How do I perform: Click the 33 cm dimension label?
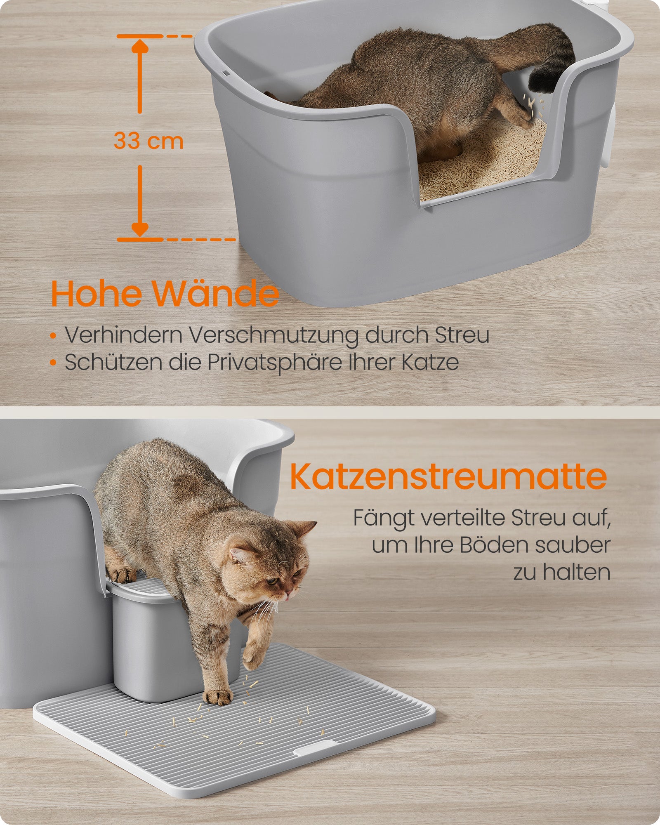coord(148,141)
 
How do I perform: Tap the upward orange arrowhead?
coord(140,46)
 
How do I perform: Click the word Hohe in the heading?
coord(97,294)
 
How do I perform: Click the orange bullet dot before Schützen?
coord(53,363)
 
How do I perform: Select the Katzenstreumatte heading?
coord(448,476)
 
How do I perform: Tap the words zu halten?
coord(561,572)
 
